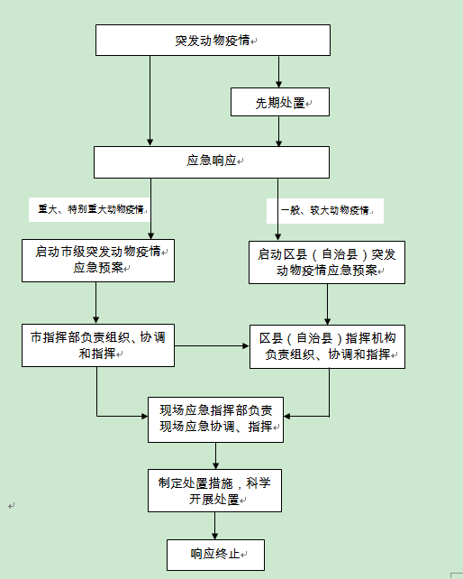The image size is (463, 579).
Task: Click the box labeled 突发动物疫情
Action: point(213,41)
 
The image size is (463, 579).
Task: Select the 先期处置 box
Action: point(280,102)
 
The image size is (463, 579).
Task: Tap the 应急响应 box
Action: point(212,162)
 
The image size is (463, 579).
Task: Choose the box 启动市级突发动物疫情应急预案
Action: point(98,261)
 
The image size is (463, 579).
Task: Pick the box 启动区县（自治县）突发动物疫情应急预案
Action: point(327,262)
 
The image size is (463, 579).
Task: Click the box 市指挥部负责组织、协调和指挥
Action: point(98,345)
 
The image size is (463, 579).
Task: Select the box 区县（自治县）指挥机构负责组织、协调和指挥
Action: point(327,346)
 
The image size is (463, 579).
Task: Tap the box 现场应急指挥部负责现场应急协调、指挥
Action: point(215,419)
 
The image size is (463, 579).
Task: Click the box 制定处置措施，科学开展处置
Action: point(214,491)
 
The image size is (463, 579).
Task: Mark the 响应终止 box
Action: point(215,555)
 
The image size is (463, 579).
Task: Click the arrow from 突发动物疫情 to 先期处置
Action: point(278,71)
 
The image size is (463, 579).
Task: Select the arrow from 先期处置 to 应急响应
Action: point(278,131)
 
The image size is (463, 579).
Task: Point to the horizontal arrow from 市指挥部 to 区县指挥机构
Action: point(212,346)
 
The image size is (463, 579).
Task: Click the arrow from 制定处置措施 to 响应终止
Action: point(214,526)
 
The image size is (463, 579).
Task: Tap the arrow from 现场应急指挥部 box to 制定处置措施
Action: point(216,455)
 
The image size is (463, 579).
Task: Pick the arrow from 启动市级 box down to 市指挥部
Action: point(95,303)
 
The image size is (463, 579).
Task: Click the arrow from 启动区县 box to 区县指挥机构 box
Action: point(327,304)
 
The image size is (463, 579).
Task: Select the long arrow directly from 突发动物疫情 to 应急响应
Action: point(150,101)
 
